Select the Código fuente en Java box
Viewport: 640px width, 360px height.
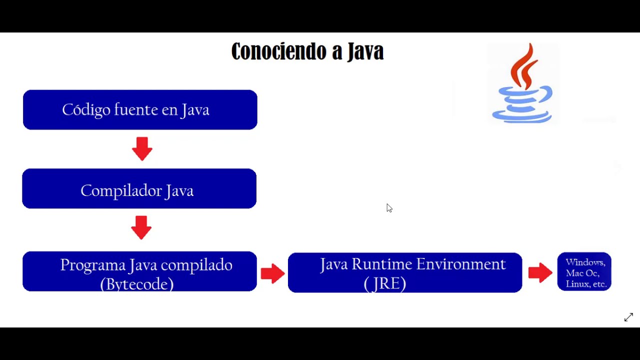click(140, 109)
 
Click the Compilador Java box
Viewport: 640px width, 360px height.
click(139, 188)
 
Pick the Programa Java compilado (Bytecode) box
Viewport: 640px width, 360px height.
click(139, 271)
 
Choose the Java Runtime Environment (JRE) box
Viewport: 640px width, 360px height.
click(405, 272)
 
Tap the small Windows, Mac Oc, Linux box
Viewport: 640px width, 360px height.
click(584, 272)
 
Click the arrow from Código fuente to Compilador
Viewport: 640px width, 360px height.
click(142, 148)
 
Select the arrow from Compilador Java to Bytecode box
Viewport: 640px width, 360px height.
click(141, 227)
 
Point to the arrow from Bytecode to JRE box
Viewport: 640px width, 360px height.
click(272, 273)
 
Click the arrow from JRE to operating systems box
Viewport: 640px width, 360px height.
click(540, 272)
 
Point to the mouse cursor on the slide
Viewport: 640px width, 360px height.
click(389, 207)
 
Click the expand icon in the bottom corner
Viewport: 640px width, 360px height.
click(628, 317)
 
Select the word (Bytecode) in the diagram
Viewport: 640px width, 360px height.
click(137, 284)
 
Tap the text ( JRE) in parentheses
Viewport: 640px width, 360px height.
click(385, 283)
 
